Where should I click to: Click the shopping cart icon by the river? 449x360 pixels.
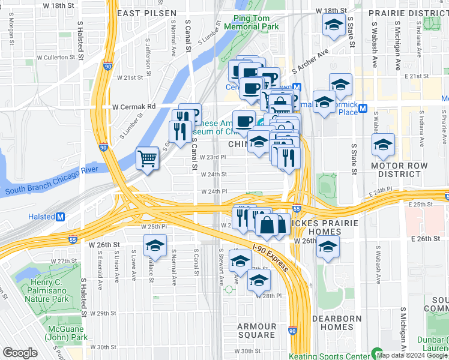(147, 158)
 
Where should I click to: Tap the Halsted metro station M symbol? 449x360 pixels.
(60, 217)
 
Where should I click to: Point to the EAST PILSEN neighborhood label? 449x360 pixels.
(146, 13)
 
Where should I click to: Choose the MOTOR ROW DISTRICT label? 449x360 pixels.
(399, 170)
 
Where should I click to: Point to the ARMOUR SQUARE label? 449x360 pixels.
(257, 331)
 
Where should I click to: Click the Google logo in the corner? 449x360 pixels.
(20, 353)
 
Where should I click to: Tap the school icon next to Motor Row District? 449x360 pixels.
(383, 144)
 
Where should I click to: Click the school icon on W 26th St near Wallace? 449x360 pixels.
(155, 245)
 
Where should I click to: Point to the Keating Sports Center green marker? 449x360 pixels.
(377, 353)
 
